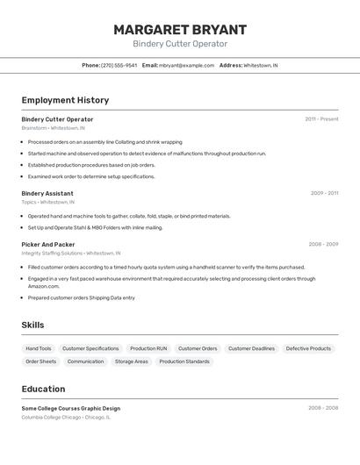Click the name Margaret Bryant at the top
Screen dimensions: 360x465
click(180, 30)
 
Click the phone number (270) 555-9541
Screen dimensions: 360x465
click(119, 65)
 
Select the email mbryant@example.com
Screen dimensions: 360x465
click(186, 65)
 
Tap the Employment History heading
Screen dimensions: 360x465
click(65, 100)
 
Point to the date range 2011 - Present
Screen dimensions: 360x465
click(321, 119)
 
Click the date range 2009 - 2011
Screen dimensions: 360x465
click(324, 193)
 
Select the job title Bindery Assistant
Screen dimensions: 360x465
click(47, 193)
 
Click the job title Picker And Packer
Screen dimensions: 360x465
click(48, 245)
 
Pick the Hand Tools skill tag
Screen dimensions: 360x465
click(39, 348)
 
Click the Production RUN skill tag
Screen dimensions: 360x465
click(148, 348)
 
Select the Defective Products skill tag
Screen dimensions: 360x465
click(308, 348)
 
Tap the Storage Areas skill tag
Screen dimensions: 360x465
click(131, 361)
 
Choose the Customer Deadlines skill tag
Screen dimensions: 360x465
click(251, 348)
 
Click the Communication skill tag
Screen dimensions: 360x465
click(85, 361)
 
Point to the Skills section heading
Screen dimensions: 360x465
click(32, 325)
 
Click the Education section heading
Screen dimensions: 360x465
click(43, 389)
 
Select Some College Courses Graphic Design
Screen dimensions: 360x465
click(70, 408)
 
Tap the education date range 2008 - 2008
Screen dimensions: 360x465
click(323, 408)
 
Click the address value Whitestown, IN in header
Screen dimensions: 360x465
click(260, 65)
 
